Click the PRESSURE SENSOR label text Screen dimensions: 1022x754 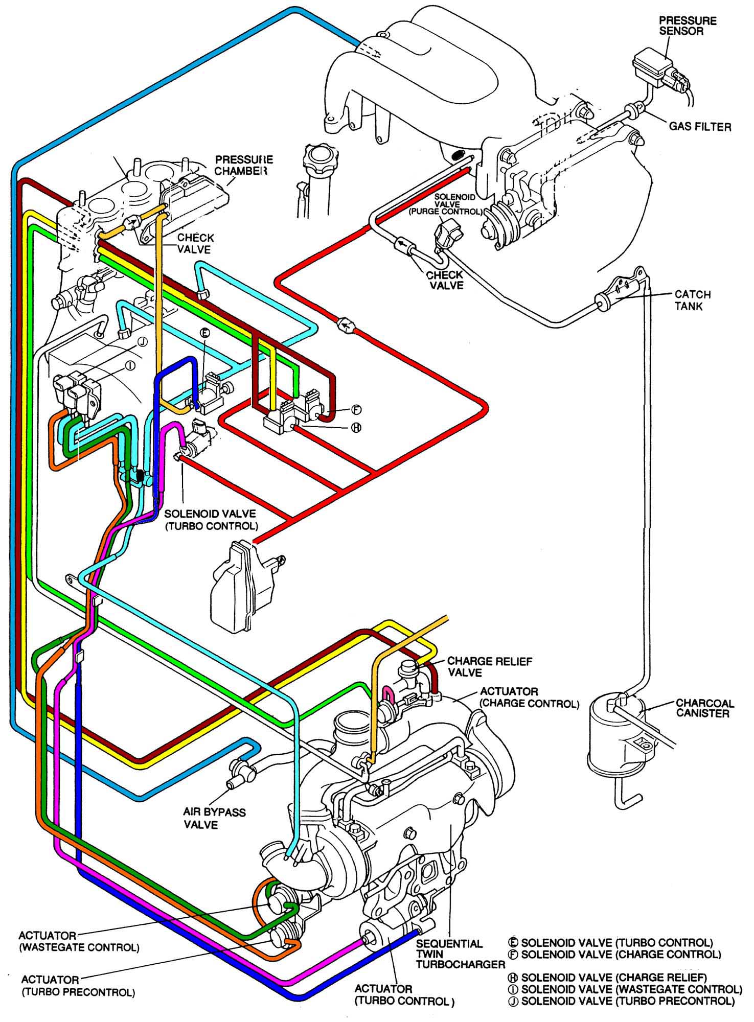pyautogui.click(x=688, y=26)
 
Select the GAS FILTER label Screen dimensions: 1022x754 pyautogui.click(x=700, y=126)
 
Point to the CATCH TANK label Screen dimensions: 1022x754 pyautogui.click(x=692, y=300)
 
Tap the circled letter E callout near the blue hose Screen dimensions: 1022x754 pyautogui.click(x=204, y=333)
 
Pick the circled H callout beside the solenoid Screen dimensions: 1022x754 pyautogui.click(x=356, y=427)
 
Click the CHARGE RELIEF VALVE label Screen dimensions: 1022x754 pyautogui.click(x=489, y=667)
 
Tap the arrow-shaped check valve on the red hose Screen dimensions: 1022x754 pyautogui.click(x=346, y=324)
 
